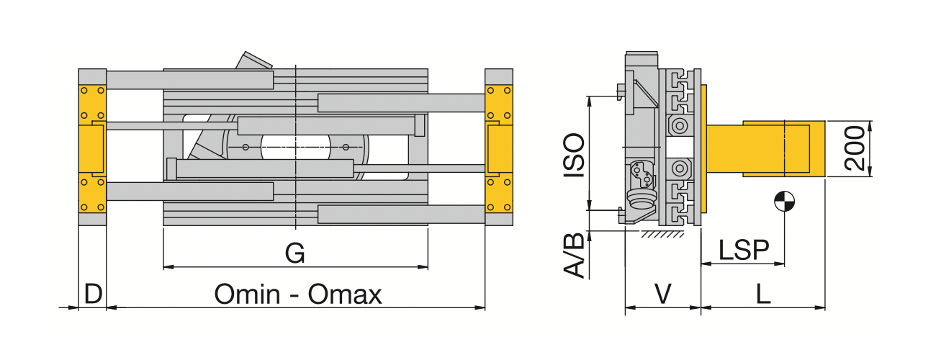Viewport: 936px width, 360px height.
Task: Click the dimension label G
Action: coord(295,253)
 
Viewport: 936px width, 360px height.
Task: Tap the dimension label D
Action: coord(93,294)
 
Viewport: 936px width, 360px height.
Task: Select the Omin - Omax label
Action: coord(298,294)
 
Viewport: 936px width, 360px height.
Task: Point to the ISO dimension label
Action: coord(574,156)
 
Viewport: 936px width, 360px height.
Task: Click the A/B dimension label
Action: coord(574,256)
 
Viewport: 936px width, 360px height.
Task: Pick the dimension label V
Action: coord(662,294)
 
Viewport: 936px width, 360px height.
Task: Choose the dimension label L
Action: coord(763,294)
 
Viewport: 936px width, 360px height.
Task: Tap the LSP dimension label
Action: coord(744,250)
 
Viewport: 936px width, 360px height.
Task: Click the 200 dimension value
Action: coord(855,148)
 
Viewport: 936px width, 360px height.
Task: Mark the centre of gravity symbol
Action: coord(784,202)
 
